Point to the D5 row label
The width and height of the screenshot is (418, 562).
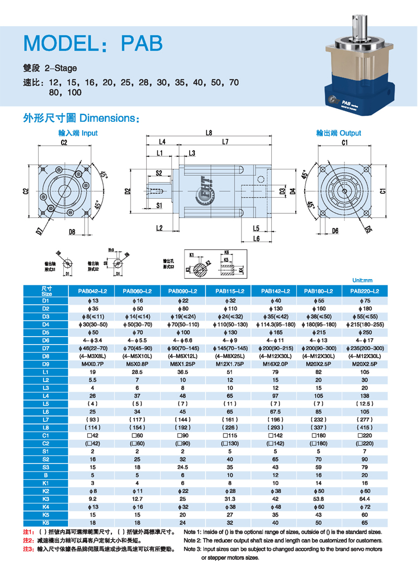pos(45,331)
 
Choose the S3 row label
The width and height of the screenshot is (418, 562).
pos(45,467)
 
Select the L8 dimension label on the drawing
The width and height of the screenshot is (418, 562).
pos(208,133)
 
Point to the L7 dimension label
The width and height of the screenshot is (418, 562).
pos(225,142)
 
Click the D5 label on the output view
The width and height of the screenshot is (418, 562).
pos(368,228)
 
